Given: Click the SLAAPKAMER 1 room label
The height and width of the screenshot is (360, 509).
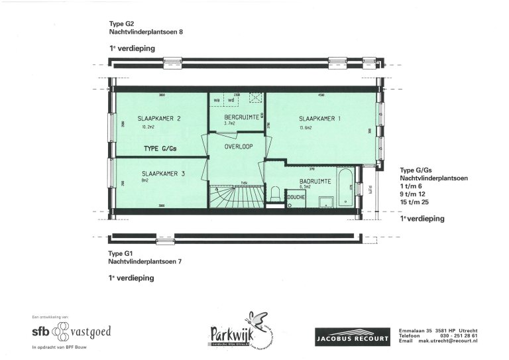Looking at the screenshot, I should [319, 119].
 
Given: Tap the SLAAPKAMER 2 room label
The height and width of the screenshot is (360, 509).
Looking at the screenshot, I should [160, 119].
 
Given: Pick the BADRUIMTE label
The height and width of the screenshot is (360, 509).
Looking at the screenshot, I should [311, 180].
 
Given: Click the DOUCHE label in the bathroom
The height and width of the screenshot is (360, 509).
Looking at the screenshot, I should [296, 197].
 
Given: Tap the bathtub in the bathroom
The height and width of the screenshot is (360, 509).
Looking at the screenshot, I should [346, 188].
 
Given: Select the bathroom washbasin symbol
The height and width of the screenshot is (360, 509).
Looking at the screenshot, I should [325, 202].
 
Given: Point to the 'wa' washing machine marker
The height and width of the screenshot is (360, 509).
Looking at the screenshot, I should [216, 101].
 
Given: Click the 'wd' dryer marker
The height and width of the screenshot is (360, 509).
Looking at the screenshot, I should [231, 101].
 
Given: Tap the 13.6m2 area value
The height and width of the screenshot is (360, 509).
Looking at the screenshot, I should [306, 128].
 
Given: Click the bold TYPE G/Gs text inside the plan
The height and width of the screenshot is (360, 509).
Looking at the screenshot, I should [164, 148].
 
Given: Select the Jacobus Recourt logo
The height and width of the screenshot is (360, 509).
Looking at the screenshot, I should [352, 337].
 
